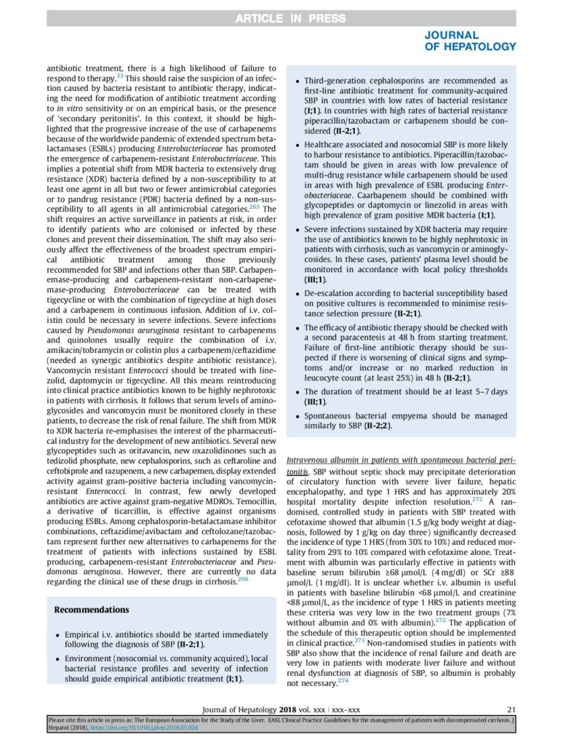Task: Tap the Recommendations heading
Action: pyautogui.click(x=92, y=609)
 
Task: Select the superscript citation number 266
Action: pyautogui.click(x=244, y=579)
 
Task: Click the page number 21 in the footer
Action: pyautogui.click(x=511, y=709)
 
